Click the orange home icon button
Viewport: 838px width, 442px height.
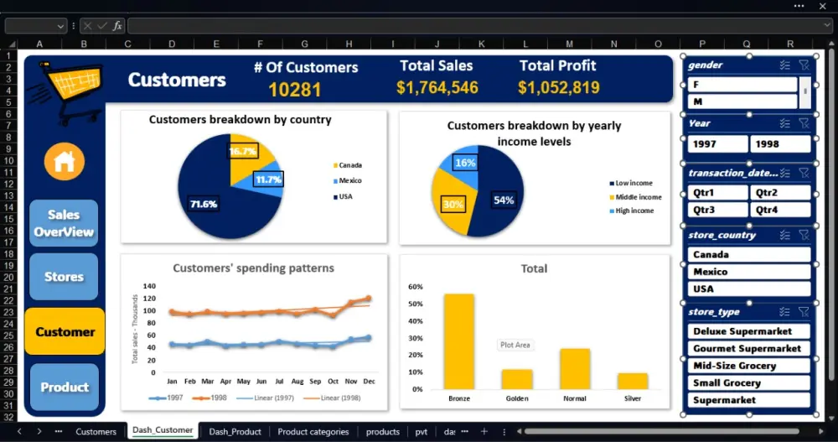pyautogui.click(x=65, y=161)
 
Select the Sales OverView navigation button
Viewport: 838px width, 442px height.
pyautogui.click(x=64, y=223)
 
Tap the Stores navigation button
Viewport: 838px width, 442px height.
pyautogui.click(x=64, y=277)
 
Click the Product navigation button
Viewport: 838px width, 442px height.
pyautogui.click(x=65, y=387)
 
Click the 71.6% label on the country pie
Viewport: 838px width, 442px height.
pyautogui.click(x=204, y=204)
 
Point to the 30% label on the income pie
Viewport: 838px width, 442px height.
pyautogui.click(x=453, y=204)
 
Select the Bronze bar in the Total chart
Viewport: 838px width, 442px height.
pyautogui.click(x=459, y=341)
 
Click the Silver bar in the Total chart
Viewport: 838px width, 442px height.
pyautogui.click(x=633, y=381)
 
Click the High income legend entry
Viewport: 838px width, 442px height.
pyautogui.click(x=634, y=211)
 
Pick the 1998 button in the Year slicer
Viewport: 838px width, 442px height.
pyautogui.click(x=780, y=144)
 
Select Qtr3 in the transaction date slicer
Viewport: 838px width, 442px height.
pyautogui.click(x=716, y=211)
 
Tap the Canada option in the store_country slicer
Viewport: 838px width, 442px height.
pyautogui.click(x=749, y=255)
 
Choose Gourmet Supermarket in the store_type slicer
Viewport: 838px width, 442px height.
pyautogui.click(x=749, y=349)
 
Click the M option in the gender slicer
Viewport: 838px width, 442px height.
pyautogui.click(x=742, y=101)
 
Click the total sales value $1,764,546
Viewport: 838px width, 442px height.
pyautogui.click(x=437, y=88)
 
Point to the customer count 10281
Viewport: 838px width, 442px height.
pyautogui.click(x=295, y=90)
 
